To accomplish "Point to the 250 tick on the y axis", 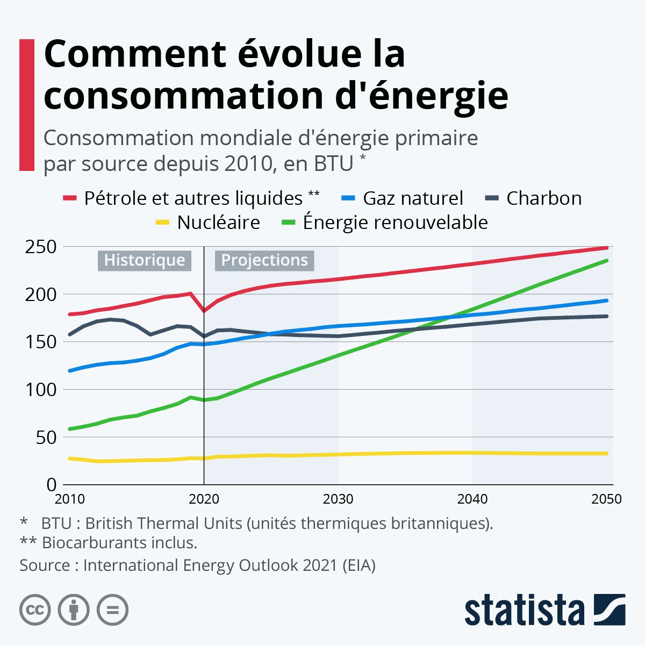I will coord(40,247).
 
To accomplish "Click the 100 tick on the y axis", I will coord(40,390).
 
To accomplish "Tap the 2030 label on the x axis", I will coord(338,499).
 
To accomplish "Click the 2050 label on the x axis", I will coord(606,499).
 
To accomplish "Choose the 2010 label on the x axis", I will coord(70,499).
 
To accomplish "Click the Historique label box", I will coord(144,260).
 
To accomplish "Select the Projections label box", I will coord(264,260).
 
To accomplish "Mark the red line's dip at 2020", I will coord(204,311).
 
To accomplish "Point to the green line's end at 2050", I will coord(607,261).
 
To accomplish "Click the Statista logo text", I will coord(525,610).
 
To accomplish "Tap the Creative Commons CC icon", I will coord(35,610).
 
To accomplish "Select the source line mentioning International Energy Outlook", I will coord(197,565).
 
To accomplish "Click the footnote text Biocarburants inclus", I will coord(119,543).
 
